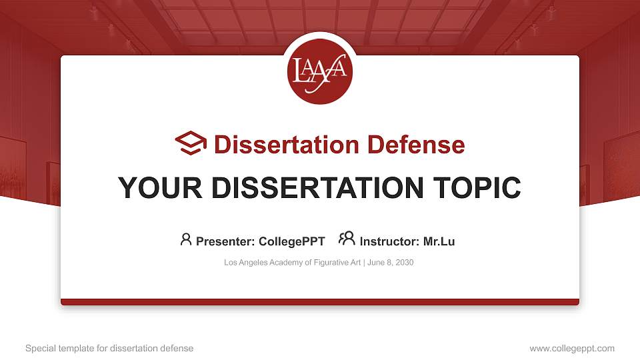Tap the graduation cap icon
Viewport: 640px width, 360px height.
[x=191, y=144]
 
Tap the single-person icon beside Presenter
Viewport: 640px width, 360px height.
[x=186, y=239]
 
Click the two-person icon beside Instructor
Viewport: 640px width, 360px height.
[x=347, y=239]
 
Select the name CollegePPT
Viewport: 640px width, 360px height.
[x=292, y=241]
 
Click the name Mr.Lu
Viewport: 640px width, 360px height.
[x=439, y=241]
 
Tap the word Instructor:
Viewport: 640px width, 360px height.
[x=389, y=241]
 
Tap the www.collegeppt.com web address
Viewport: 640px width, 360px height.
[x=572, y=348]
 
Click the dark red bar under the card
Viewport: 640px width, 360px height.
[x=320, y=302]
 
